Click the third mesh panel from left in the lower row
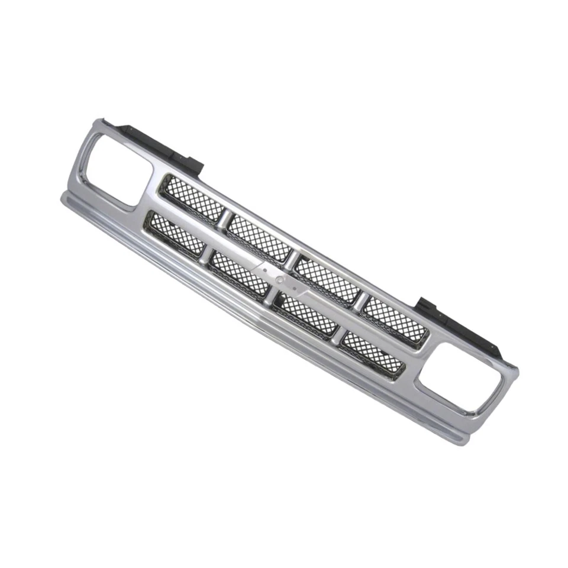306,314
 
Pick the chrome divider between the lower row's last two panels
339,335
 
